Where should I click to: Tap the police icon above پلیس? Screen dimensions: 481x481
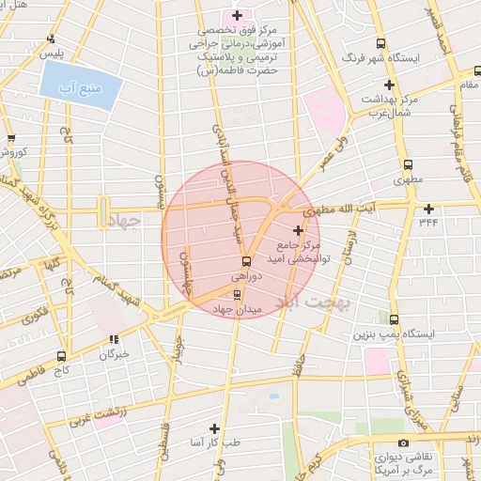49,39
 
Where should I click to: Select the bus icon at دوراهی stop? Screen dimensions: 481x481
245,261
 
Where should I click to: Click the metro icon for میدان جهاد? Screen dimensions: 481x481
237,294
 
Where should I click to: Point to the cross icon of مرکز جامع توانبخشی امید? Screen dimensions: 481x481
299,230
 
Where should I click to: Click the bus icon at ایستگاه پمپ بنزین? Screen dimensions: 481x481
394,319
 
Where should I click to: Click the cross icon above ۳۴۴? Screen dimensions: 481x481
428,208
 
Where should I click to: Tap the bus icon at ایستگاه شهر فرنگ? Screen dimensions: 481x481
380,43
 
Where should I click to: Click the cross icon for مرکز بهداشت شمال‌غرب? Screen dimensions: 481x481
389,85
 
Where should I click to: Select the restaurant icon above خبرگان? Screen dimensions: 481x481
114,340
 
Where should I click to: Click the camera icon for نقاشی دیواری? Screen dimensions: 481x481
403,442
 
